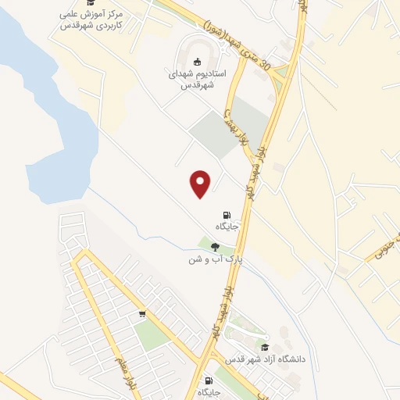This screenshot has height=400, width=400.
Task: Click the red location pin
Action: pyautogui.click(x=202, y=184)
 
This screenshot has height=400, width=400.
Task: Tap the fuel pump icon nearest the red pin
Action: pyautogui.click(x=227, y=215)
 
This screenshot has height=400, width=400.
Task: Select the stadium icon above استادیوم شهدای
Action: pyautogui.click(x=198, y=62)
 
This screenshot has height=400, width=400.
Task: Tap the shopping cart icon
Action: pyautogui.click(x=142, y=314)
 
